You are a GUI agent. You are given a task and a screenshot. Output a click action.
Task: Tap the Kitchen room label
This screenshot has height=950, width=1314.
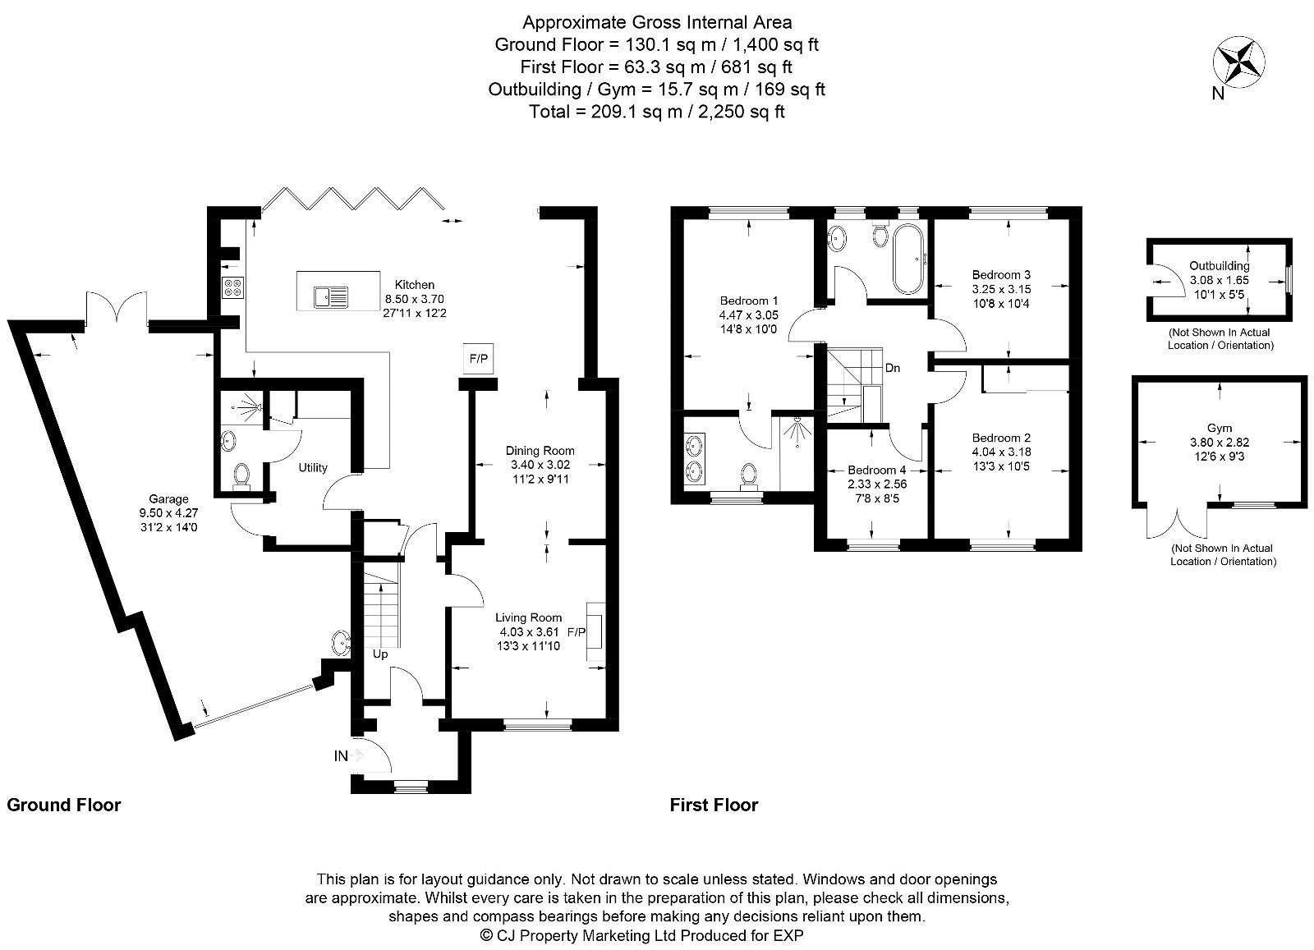414,285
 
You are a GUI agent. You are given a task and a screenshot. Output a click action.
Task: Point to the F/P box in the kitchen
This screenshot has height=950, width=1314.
478,359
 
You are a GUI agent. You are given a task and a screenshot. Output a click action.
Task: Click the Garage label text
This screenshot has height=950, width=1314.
168,498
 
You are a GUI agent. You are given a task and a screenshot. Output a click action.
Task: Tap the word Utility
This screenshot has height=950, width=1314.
313,467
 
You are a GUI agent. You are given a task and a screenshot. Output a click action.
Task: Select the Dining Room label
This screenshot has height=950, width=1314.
540,450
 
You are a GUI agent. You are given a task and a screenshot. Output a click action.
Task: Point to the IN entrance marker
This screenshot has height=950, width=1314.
341,756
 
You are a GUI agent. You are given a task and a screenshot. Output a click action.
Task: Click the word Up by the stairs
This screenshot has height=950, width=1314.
380,654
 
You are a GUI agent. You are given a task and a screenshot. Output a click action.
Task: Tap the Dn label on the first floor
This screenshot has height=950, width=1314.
893,368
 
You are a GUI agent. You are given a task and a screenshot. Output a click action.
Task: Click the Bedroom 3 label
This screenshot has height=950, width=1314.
1000,274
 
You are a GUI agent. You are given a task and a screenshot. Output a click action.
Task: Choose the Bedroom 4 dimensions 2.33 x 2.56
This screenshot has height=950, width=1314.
877,484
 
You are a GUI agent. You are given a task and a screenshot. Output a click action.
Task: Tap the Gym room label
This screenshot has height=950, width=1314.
1220,429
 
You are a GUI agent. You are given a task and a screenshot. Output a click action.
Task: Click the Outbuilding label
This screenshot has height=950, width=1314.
1220,266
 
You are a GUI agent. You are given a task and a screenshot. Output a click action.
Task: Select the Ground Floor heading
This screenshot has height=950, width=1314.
64,805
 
